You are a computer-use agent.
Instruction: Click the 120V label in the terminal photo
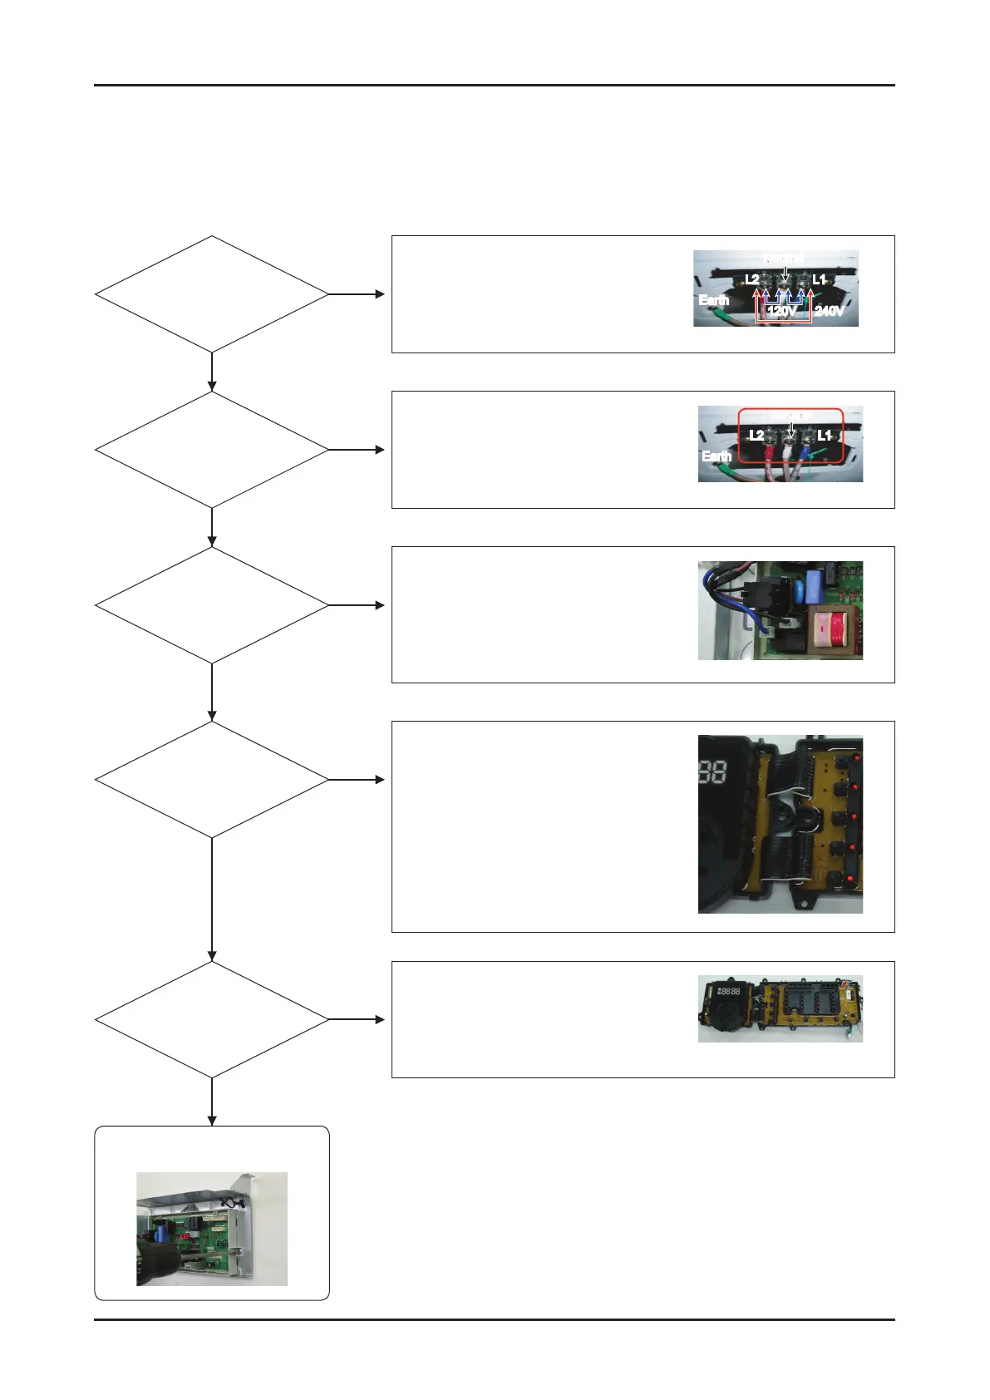(781, 311)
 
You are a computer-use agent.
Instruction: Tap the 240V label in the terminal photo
(829, 311)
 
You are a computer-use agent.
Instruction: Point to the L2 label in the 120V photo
(751, 280)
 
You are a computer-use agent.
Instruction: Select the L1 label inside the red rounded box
(824, 436)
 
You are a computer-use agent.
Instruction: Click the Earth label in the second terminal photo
(716, 456)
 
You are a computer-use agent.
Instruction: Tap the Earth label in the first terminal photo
(713, 300)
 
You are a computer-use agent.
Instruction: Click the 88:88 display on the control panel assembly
(729, 992)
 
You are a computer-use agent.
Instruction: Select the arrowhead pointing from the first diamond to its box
(380, 294)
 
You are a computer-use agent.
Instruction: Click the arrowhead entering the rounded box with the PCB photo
(212, 1120)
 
